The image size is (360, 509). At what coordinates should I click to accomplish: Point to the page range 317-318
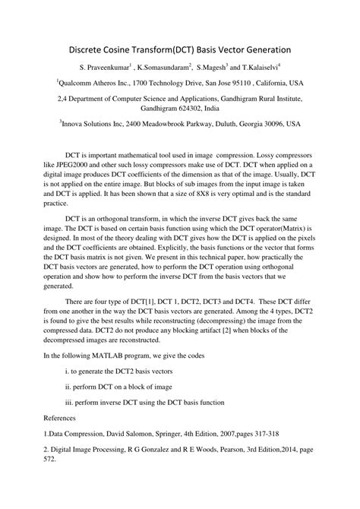coord(262,434)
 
